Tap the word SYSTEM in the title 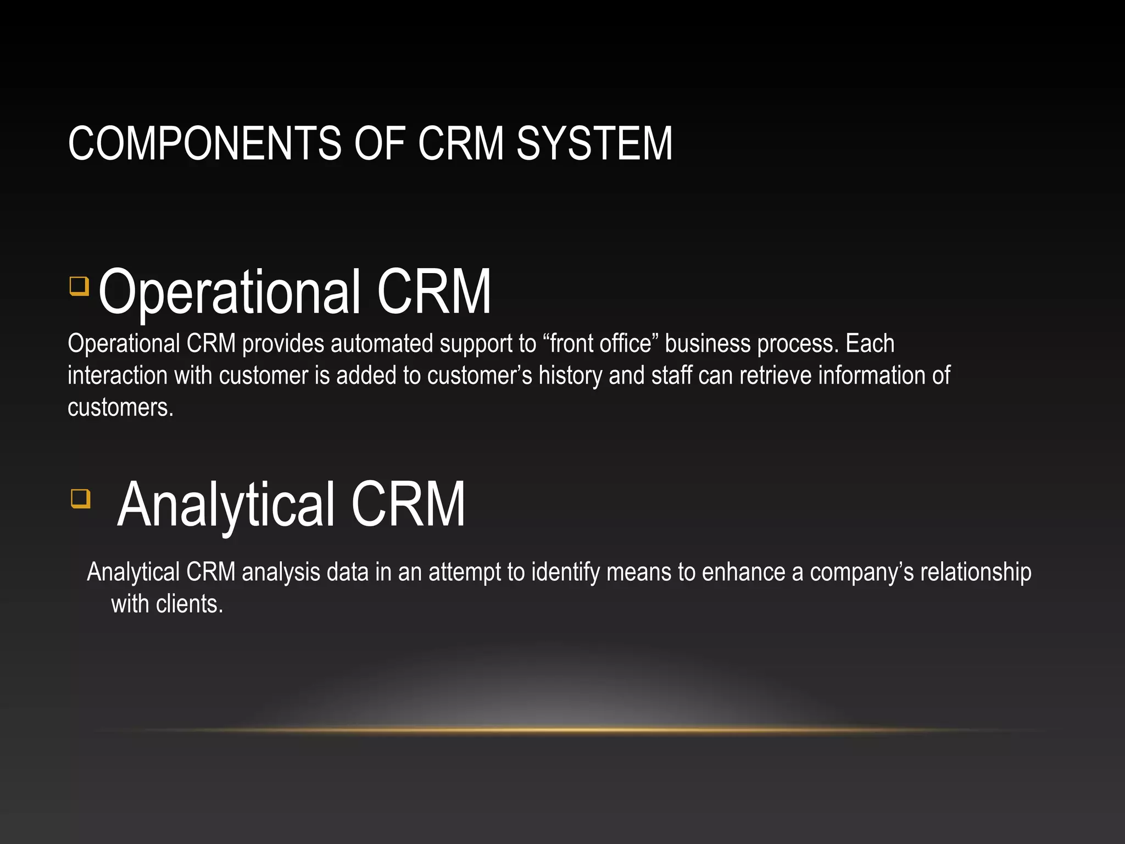point(594,143)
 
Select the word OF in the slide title point(380,143)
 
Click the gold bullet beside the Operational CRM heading point(80,286)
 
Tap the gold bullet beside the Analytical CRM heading point(81,499)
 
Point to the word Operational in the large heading point(230,292)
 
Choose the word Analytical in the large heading point(226,504)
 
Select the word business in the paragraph point(708,344)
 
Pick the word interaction point(118,376)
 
